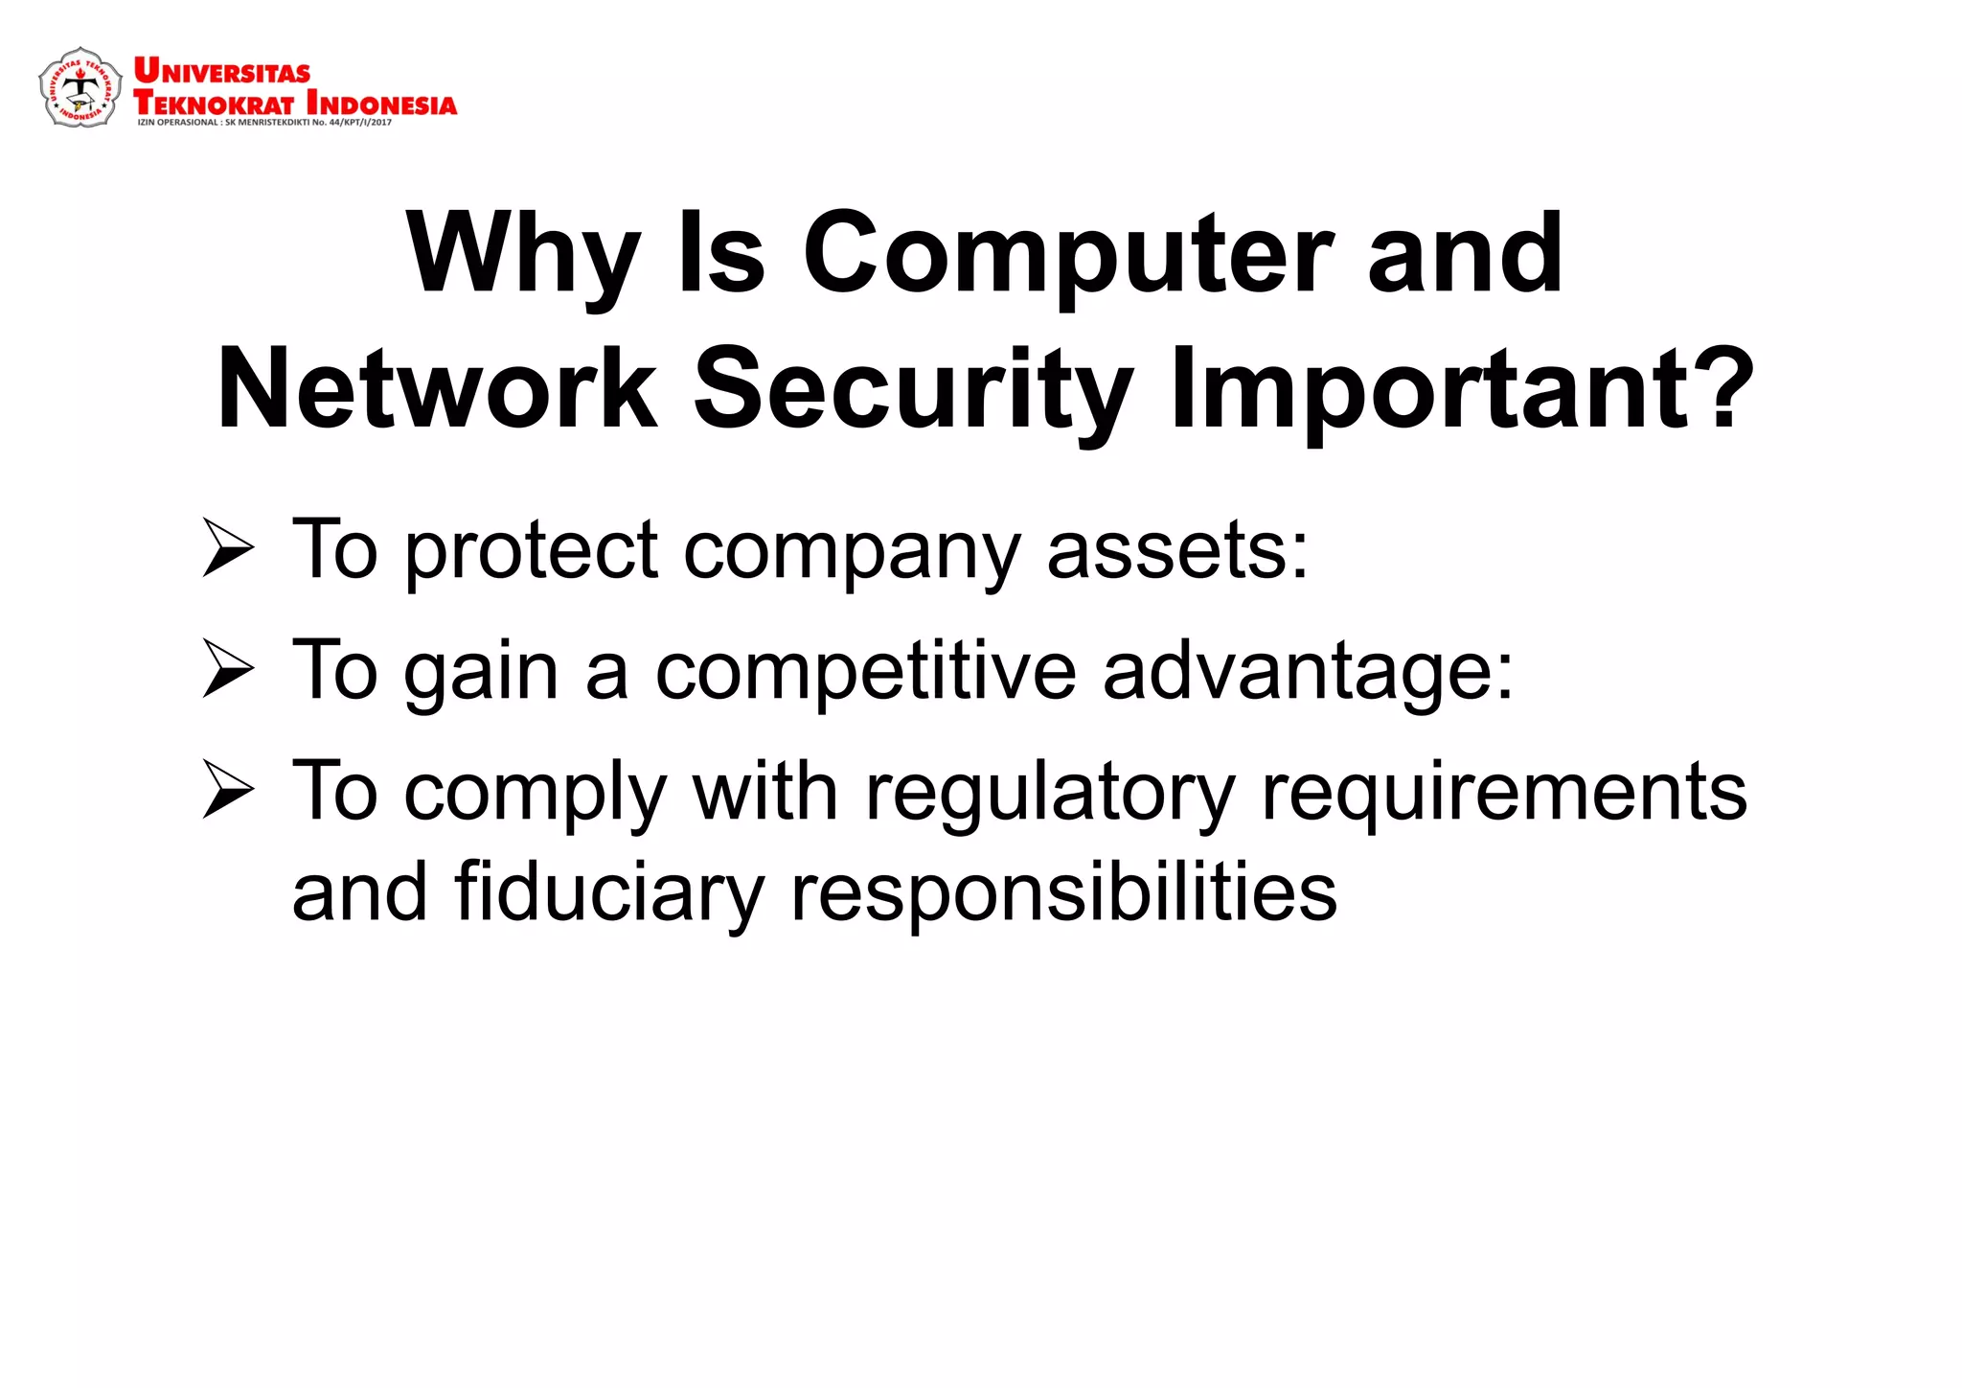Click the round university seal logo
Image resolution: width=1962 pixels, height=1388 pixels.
click(x=80, y=87)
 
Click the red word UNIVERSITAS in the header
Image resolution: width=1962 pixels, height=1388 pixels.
click(x=221, y=71)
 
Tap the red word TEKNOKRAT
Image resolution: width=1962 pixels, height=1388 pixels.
click(x=213, y=103)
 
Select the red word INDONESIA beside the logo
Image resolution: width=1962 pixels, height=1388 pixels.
click(x=381, y=103)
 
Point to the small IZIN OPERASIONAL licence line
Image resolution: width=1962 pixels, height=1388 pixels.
click(x=264, y=123)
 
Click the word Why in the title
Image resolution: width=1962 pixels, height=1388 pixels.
click(x=522, y=254)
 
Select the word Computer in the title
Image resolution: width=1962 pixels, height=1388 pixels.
click(x=1066, y=254)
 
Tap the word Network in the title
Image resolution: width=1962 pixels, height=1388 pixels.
click(x=437, y=389)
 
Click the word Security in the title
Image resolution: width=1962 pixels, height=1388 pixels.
click(x=912, y=389)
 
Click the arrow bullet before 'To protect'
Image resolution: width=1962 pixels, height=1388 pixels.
click(x=228, y=549)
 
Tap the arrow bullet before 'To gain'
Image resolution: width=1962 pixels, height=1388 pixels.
click(x=228, y=670)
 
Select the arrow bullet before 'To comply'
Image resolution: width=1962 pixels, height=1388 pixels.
click(x=228, y=791)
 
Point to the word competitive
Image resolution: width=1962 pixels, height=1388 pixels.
click(x=865, y=672)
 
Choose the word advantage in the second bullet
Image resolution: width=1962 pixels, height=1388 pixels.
click(x=1307, y=672)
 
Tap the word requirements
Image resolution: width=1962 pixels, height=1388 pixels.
click(x=1504, y=794)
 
